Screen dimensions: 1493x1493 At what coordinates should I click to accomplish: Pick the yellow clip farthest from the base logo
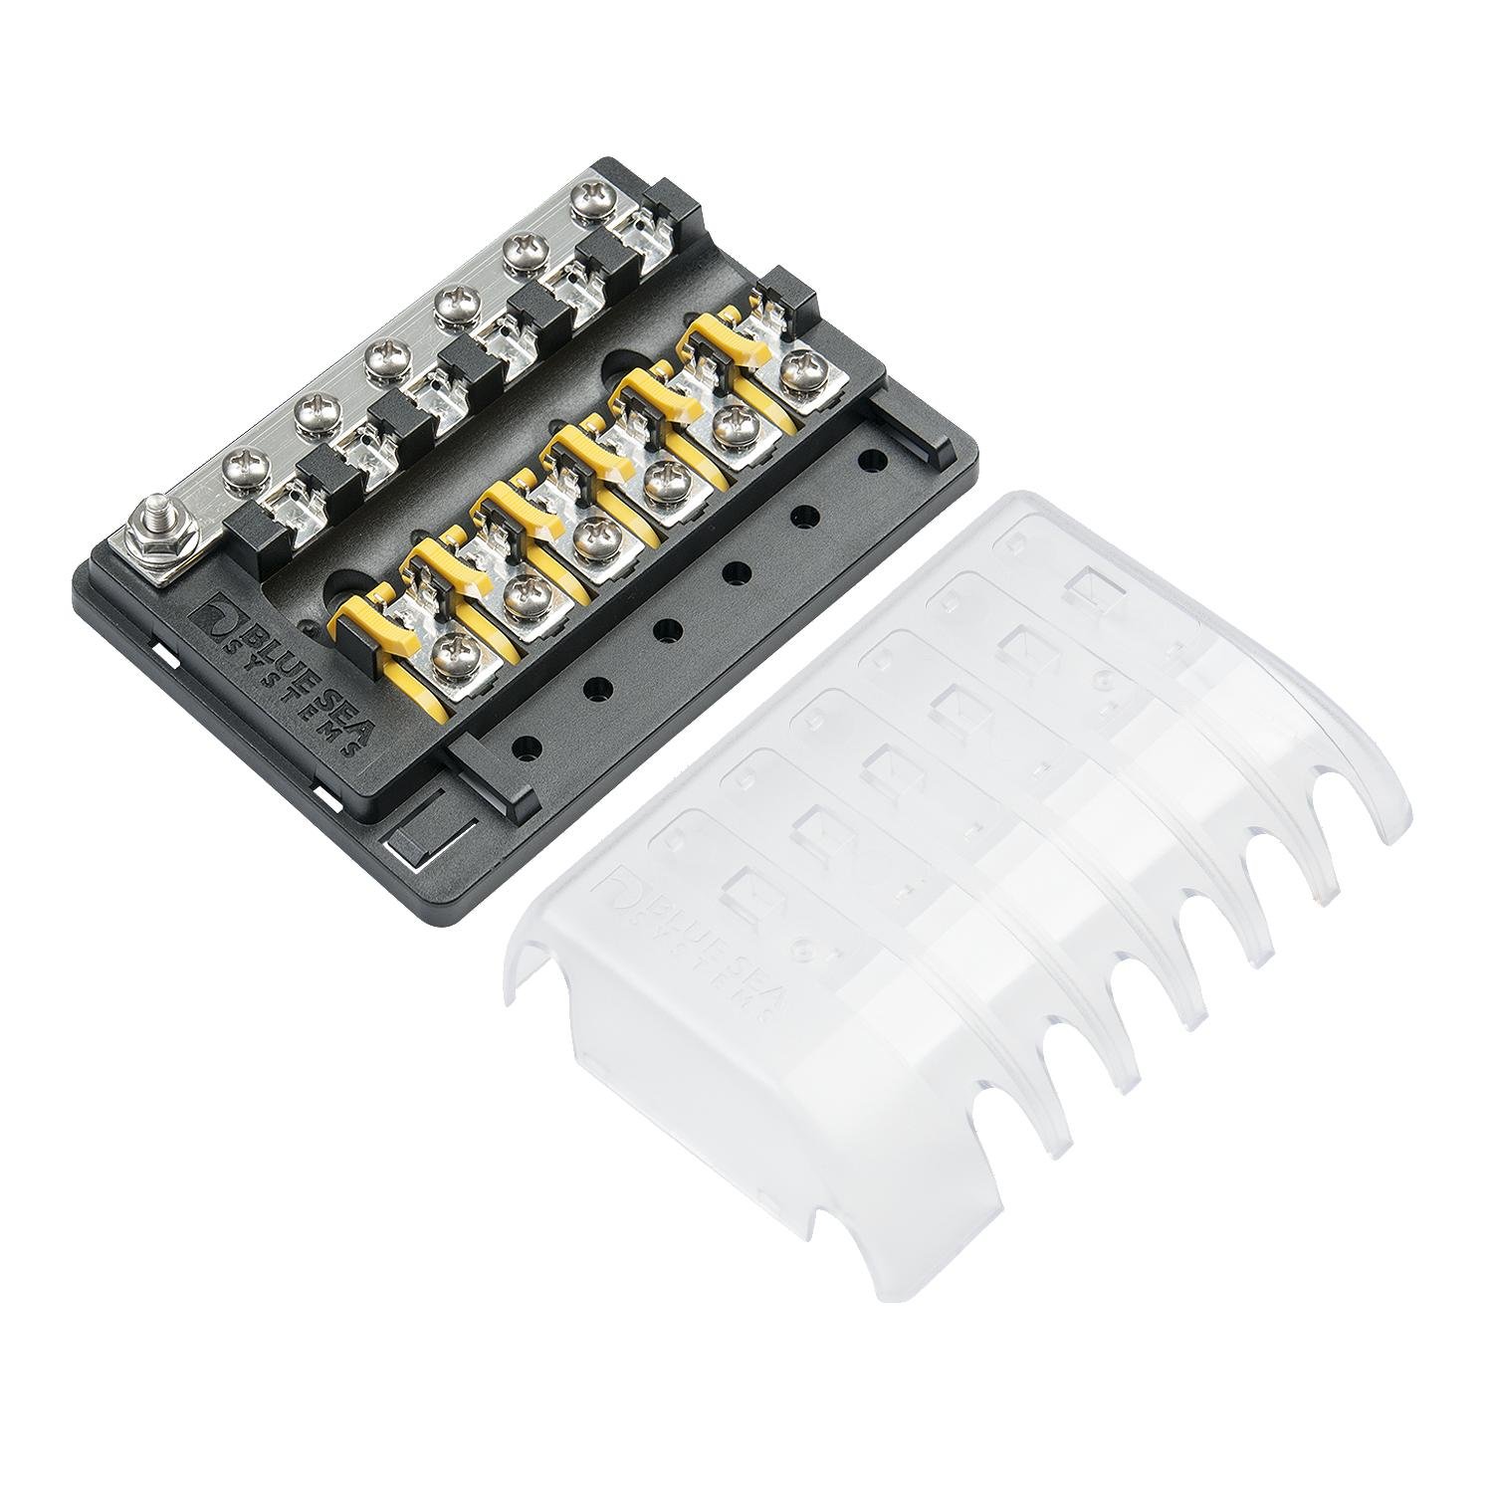(727, 343)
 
